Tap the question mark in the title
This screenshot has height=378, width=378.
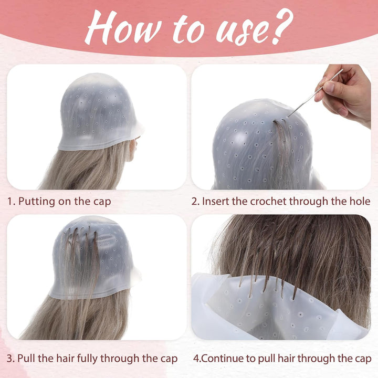click(x=283, y=26)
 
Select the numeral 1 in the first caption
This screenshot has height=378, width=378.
click(x=9, y=201)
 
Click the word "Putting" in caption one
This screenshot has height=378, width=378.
click(x=36, y=202)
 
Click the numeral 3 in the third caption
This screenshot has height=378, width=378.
click(x=9, y=359)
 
